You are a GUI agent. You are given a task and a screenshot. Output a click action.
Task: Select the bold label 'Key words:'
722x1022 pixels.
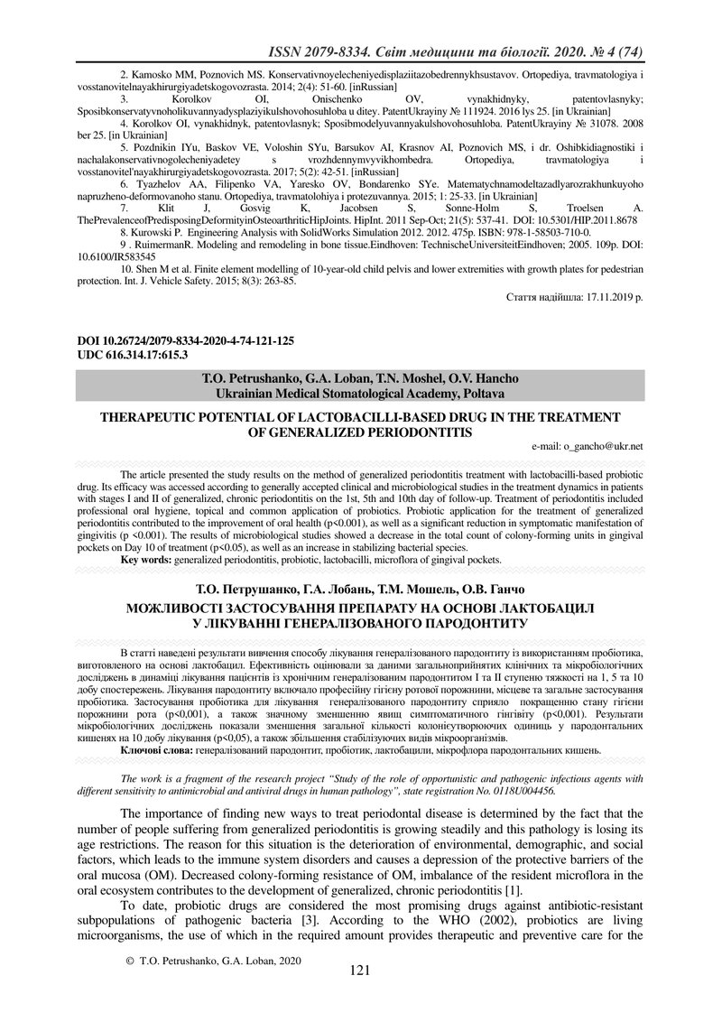pyautogui.click(x=146, y=560)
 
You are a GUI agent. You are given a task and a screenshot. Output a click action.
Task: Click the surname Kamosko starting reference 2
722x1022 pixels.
pyautogui.click(x=155, y=71)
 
